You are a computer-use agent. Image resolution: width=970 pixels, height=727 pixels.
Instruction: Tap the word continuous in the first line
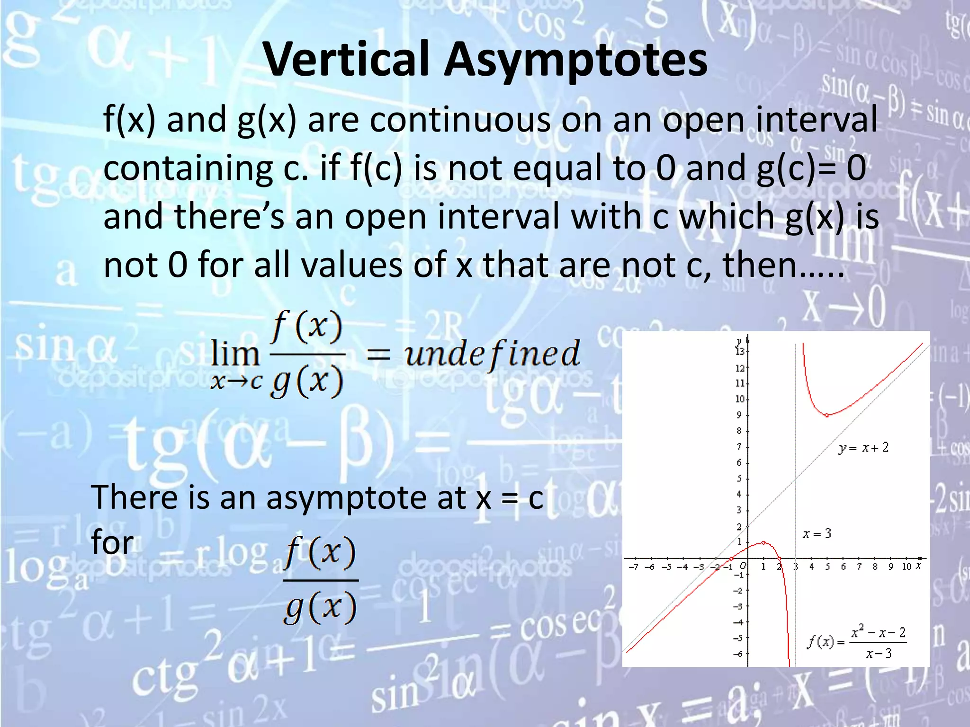[460, 119]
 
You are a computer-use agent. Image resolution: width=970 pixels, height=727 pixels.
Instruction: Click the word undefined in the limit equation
[492, 354]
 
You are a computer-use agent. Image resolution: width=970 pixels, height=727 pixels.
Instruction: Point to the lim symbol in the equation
[235, 354]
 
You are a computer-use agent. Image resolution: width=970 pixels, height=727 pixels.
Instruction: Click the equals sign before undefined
[378, 354]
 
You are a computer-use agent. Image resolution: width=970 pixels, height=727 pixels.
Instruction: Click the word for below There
[112, 542]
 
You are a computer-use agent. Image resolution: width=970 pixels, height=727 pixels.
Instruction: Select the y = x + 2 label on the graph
[863, 447]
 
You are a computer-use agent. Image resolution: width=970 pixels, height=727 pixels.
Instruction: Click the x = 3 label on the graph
[817, 534]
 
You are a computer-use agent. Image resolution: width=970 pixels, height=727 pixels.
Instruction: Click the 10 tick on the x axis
[906, 567]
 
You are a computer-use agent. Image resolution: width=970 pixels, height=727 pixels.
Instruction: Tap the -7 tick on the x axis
[634, 567]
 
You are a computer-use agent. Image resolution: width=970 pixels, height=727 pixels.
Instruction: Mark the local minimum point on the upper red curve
[827, 415]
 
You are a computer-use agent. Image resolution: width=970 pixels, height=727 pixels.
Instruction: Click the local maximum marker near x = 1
[763, 542]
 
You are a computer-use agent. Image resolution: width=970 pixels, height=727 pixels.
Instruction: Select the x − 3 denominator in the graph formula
[879, 654]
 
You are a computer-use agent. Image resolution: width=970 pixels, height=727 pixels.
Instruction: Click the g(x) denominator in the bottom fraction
[320, 607]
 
